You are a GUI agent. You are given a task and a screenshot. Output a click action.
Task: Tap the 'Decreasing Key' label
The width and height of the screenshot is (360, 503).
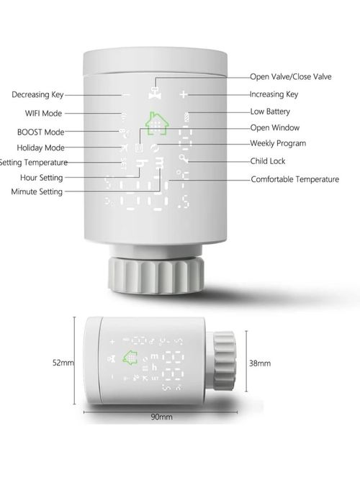pos(37,94)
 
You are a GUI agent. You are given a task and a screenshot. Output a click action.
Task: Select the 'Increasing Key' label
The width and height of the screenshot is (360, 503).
pos(274,94)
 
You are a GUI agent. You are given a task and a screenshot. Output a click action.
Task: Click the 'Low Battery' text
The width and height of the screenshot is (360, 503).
pos(271,112)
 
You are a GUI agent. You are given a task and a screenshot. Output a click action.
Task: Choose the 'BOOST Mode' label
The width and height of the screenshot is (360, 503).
pos(40,132)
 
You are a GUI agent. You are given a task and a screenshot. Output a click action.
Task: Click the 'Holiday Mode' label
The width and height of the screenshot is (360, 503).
pos(40,148)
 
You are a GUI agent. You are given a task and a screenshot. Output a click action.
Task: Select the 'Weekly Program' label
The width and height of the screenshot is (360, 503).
pos(278,144)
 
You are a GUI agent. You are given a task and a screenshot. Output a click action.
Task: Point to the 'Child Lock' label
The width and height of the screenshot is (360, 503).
pos(269,161)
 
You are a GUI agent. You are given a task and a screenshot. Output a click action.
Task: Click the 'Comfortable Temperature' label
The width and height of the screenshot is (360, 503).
pos(294,179)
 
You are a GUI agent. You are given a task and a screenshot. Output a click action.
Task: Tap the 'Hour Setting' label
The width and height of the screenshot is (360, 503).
pos(42,177)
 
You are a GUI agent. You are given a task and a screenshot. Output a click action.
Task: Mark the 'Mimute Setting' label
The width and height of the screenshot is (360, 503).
pos(37,191)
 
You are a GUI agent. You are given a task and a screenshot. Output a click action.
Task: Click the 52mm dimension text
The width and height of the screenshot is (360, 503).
pos(63,363)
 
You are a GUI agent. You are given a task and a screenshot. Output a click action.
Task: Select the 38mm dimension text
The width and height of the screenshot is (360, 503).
pos(259,363)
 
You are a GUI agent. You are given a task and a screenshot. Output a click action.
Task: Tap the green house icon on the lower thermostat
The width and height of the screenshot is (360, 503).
pos(131,358)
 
